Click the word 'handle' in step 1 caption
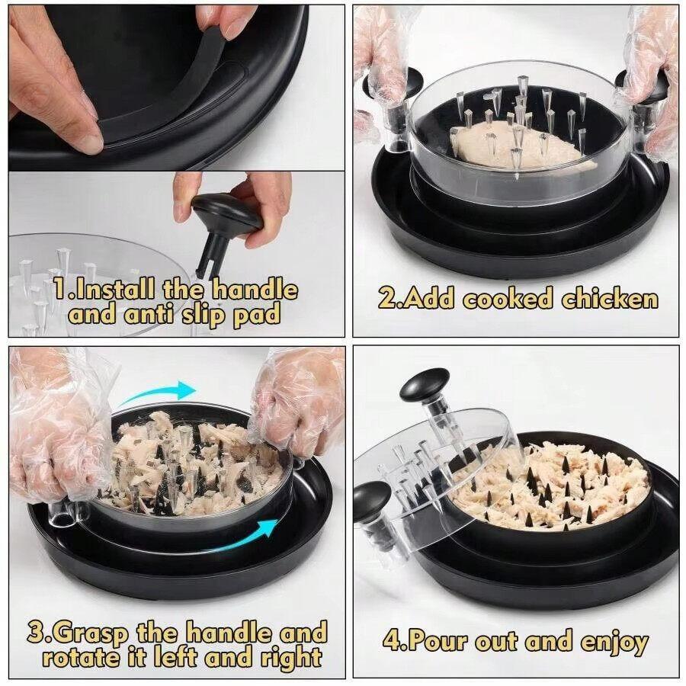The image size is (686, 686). pos(254,290)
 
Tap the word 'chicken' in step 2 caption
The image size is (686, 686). pos(610,299)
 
